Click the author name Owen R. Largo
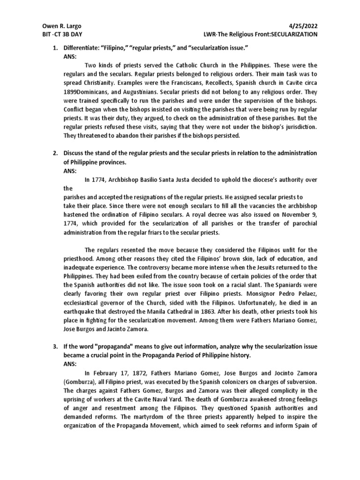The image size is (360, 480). click(x=59, y=27)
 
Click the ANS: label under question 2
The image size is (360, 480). click(x=70, y=171)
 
